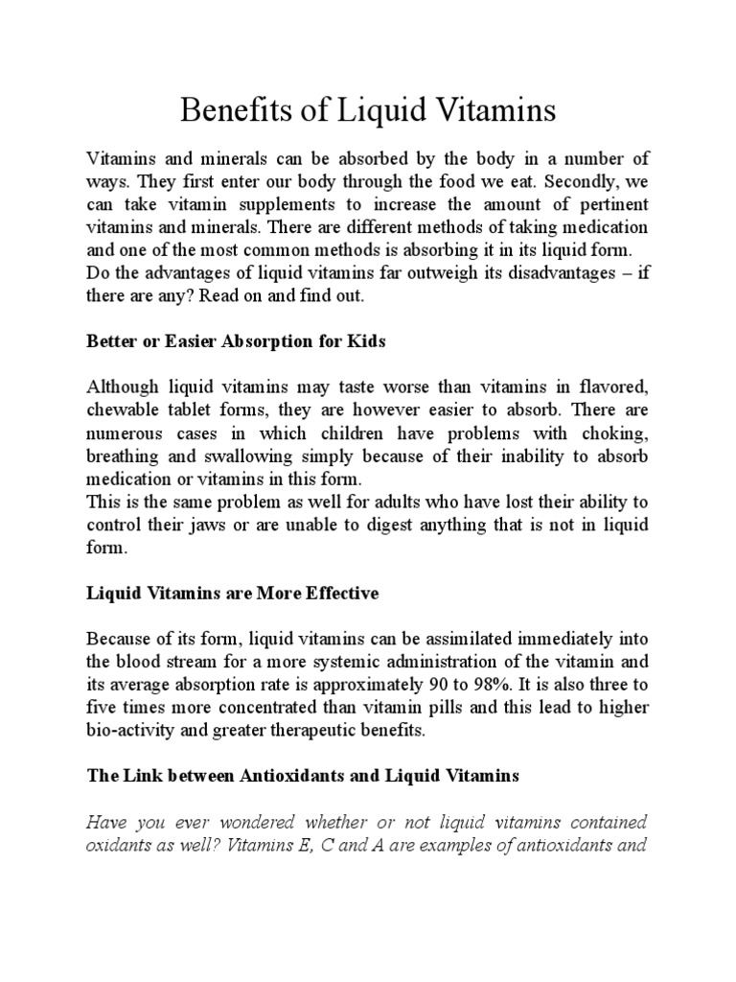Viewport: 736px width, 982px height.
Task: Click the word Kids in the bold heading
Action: [x=369, y=342]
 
